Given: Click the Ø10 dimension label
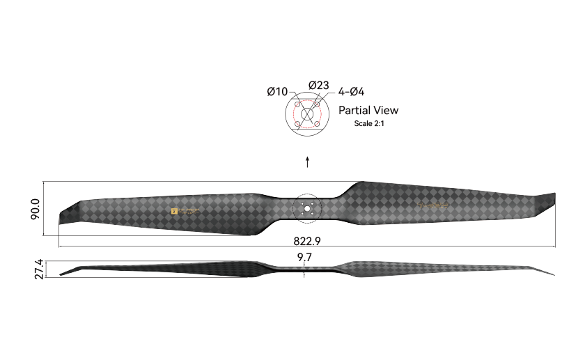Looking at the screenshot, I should pos(276,91).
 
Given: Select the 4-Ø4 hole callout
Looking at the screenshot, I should pos(352,91).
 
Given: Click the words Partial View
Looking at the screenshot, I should pos(368,110).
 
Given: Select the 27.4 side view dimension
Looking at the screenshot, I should pos(39,269).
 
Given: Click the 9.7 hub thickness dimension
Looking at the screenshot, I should pos(304,258).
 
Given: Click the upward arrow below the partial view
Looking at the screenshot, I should pos(307,163).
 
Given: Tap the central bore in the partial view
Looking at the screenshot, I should pos(307,115).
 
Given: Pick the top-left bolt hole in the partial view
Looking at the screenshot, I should pos(297,105).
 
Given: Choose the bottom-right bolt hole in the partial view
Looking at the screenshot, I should pos(317,125).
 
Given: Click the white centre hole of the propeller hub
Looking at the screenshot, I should pos(306,208).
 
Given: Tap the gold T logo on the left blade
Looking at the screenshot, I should pos(174,210).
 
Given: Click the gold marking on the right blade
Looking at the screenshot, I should pos(435,205).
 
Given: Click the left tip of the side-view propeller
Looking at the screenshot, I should pos(61,274).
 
